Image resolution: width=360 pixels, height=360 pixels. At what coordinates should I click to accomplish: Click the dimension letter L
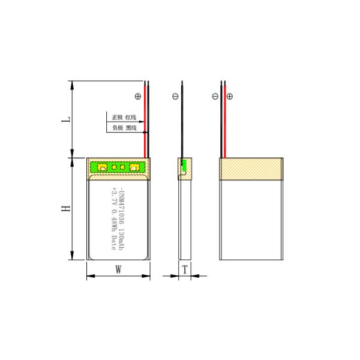click(x=67, y=119)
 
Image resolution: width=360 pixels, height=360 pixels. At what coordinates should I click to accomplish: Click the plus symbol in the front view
click(x=138, y=96)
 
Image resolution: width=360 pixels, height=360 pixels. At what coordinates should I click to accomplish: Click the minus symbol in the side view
click(x=175, y=96)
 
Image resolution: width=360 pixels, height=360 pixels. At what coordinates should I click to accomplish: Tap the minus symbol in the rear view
click(x=215, y=96)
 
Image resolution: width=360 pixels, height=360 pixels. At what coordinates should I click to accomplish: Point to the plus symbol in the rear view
click(x=230, y=96)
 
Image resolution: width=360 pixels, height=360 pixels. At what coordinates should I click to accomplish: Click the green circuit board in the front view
click(x=118, y=167)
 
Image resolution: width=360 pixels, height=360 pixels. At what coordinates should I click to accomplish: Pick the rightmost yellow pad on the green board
click(x=134, y=167)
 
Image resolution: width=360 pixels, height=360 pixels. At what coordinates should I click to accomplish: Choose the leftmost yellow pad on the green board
click(x=102, y=167)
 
